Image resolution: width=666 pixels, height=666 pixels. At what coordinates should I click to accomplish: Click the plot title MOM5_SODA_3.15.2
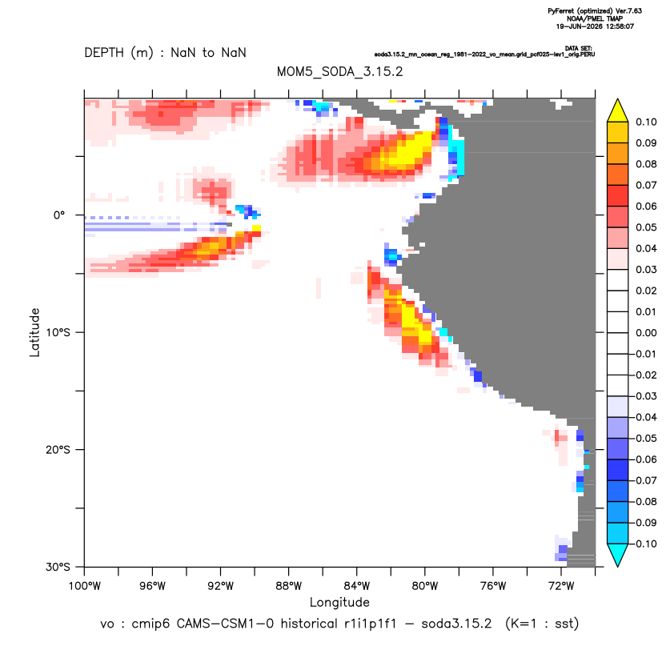(x=339, y=71)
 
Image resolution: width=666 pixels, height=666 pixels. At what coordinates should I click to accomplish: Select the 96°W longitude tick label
(x=152, y=586)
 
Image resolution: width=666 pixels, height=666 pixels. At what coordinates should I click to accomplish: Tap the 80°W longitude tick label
(x=425, y=586)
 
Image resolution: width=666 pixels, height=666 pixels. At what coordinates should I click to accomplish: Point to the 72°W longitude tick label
(x=561, y=586)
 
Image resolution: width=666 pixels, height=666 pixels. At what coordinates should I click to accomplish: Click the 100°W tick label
(x=85, y=586)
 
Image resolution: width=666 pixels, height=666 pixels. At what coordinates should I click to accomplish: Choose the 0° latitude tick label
(x=59, y=215)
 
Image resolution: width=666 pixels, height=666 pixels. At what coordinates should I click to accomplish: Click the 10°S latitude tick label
(x=58, y=332)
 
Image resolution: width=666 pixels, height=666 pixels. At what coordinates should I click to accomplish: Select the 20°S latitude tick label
(x=58, y=450)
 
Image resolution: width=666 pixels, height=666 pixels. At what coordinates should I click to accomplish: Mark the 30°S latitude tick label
(x=58, y=567)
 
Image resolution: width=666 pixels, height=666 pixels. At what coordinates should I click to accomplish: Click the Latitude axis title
(x=34, y=332)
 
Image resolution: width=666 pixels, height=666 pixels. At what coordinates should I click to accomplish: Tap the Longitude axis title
(x=339, y=602)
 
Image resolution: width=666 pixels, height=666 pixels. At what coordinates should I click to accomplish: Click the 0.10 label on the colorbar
(x=646, y=122)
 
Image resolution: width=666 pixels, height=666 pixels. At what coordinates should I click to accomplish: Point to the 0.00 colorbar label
(x=646, y=333)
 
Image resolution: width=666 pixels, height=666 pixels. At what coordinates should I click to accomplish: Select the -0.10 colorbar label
(x=644, y=544)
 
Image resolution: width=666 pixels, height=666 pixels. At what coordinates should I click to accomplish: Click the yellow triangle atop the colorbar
(x=618, y=112)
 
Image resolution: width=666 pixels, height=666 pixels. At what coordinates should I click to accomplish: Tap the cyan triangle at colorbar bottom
(x=618, y=554)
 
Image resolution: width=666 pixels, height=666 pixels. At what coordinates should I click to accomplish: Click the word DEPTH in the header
(x=104, y=53)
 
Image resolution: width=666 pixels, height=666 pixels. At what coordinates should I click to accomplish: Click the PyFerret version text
(x=595, y=11)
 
